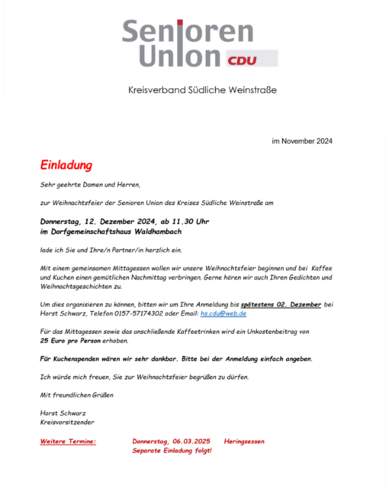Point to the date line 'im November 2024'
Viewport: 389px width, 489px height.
301,141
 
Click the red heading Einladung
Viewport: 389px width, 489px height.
66,165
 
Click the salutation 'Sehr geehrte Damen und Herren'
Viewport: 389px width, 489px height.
91,184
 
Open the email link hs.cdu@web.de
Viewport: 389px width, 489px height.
223,313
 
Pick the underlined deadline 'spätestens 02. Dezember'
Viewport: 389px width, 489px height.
281,304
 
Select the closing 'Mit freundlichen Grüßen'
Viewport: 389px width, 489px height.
76,394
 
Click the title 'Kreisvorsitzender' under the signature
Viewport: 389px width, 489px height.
68,422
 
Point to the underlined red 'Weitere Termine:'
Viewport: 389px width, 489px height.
68,442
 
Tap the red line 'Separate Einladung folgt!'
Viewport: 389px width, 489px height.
172,451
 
